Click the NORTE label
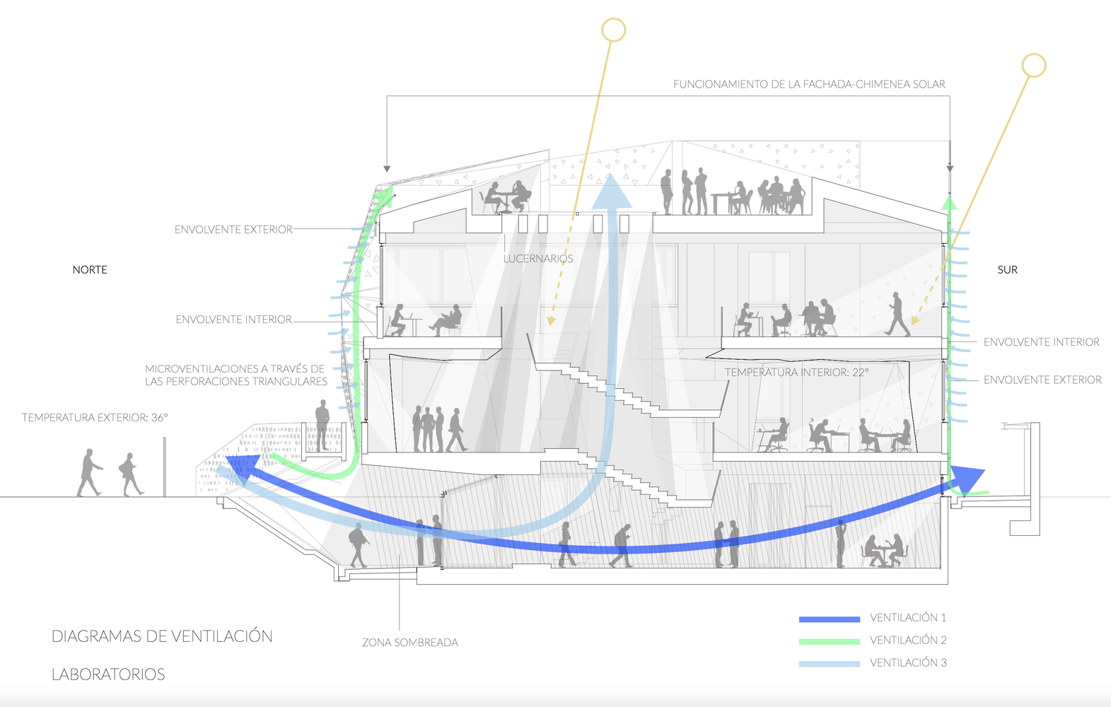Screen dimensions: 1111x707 tap(90, 269)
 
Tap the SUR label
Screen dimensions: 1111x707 tap(1007, 269)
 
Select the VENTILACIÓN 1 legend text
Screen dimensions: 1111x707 tap(908, 618)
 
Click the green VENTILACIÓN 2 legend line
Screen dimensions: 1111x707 tap(830, 641)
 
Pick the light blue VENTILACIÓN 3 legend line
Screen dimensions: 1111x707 tap(830, 664)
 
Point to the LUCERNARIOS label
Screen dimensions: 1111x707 tap(538, 259)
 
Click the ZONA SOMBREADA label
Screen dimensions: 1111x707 tap(410, 643)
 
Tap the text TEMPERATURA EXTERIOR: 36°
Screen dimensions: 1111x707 tap(95, 417)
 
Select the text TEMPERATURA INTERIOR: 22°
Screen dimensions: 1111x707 tap(796, 373)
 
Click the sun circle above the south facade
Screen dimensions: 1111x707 tap(1034, 66)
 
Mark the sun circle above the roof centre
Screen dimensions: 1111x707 tap(614, 30)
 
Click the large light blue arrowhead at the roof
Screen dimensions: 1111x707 tap(612, 191)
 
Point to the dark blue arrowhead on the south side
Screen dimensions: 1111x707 tap(967, 480)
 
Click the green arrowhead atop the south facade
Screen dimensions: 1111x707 tap(949, 201)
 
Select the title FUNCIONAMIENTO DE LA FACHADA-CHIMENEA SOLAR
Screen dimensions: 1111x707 tap(810, 84)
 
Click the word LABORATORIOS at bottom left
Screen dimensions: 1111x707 tap(108, 674)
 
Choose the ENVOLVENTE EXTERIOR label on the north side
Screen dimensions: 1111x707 tap(233, 230)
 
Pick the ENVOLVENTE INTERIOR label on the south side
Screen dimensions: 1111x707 tap(1042, 342)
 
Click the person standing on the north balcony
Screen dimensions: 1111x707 tap(322, 426)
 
